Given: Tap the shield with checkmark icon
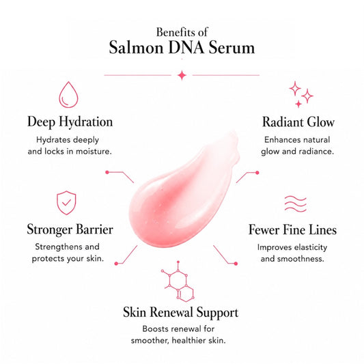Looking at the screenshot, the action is pyautogui.click(x=66, y=203).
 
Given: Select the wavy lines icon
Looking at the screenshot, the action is pyautogui.click(x=296, y=204).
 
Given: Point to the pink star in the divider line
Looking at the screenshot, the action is pyautogui.click(x=182, y=75).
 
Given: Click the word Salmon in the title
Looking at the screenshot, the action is pyautogui.click(x=137, y=48).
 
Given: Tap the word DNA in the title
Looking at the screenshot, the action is pyautogui.click(x=186, y=48).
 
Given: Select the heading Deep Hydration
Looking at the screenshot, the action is pyautogui.click(x=70, y=122).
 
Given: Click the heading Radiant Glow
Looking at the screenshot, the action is pyautogui.click(x=298, y=122).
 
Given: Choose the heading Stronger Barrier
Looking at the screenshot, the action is pyautogui.click(x=70, y=229).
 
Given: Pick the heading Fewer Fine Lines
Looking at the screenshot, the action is pyautogui.click(x=292, y=230).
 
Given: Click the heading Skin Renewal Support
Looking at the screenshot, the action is pyautogui.click(x=180, y=313).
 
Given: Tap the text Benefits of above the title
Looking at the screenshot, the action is pyautogui.click(x=182, y=32).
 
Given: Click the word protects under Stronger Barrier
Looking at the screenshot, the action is pyautogui.click(x=45, y=259).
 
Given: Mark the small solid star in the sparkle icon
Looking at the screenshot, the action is pyautogui.click(x=298, y=104).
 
